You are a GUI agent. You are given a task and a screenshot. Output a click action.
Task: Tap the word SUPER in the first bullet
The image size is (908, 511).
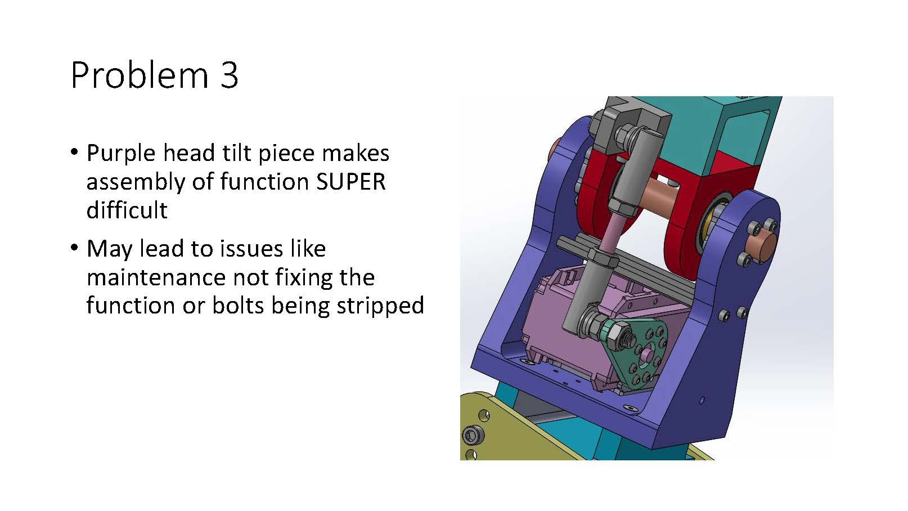(x=350, y=182)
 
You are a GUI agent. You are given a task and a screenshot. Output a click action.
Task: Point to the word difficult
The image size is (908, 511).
(x=127, y=210)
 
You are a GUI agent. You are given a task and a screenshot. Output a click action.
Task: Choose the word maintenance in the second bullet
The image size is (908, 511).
(x=156, y=277)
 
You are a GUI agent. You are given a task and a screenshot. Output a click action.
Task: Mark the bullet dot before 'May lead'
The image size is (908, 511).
(x=74, y=247)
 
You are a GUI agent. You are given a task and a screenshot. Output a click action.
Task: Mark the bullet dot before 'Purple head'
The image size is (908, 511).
(x=74, y=152)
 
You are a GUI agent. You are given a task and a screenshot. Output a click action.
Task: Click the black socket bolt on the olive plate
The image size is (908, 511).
(x=473, y=436)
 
